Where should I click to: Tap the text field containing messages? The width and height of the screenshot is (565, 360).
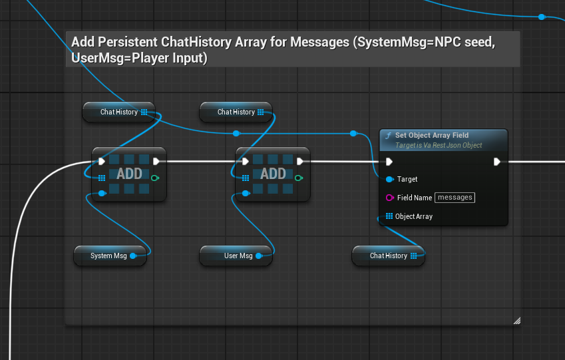coord(455,198)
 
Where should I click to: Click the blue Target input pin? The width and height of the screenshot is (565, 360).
coord(389,179)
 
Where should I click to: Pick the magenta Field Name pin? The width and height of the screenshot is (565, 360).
coord(389,198)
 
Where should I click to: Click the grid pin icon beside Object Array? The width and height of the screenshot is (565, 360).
coord(389,216)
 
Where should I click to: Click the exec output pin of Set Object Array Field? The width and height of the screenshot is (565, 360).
coord(497,161)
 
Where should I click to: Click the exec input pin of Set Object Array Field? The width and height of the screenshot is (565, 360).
coord(389,161)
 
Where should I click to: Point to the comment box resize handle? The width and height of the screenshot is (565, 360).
coord(516,320)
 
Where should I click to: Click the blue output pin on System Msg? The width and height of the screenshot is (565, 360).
coord(133,256)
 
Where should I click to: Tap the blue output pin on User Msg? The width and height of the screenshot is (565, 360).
coord(260,256)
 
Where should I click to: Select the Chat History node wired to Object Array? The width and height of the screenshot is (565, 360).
coord(388,256)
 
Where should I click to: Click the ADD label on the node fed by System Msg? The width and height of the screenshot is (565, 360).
coord(129,174)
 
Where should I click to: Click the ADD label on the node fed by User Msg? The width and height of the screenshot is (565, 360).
coord(273,174)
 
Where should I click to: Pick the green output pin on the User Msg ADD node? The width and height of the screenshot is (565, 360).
coord(299,178)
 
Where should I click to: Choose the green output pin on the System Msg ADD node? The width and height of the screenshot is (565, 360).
coord(155,178)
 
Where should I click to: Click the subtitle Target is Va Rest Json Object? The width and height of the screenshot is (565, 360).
coord(439,145)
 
